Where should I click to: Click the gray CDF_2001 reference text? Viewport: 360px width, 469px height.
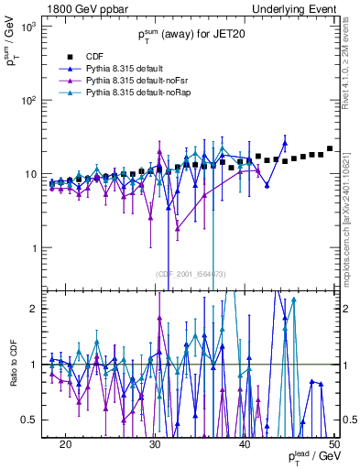tap(191, 274)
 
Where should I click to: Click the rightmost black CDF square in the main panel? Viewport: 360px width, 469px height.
tap(330, 148)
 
